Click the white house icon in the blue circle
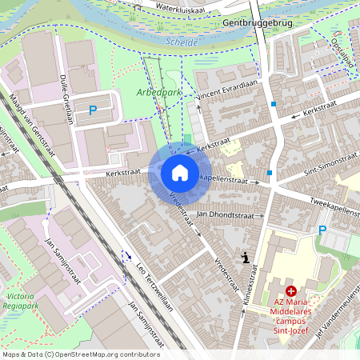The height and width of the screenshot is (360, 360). tap(179, 172)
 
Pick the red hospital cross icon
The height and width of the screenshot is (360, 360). tap(291, 293)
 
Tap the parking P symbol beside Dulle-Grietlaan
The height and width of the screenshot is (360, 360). tap(93, 110)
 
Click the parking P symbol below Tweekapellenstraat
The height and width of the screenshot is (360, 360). tap(322, 230)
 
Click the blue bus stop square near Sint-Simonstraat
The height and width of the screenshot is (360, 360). tap(270, 173)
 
